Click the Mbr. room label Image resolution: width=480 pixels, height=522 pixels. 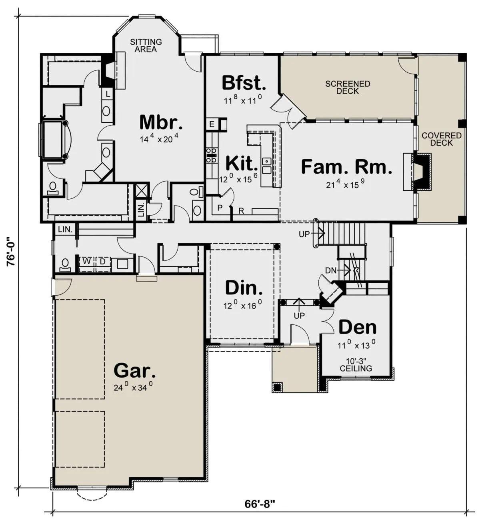point(161,122)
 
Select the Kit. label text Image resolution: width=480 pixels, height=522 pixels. point(242,163)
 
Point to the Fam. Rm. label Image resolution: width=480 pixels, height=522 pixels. point(346,167)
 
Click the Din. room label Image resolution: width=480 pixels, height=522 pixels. point(244,288)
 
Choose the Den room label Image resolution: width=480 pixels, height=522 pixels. point(357,327)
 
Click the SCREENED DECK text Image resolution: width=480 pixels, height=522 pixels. point(348,88)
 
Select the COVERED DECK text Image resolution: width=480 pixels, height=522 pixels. point(442,139)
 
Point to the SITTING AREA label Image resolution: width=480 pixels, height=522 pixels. point(146,46)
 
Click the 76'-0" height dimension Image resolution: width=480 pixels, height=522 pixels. point(12,251)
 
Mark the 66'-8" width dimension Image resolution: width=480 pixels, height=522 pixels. point(260,504)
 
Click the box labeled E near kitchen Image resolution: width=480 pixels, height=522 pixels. point(212,124)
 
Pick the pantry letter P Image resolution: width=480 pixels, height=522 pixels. point(220,207)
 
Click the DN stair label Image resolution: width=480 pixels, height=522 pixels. point(330,271)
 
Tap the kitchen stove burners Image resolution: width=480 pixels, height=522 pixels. point(211,155)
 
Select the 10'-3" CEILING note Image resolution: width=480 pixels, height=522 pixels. point(356,365)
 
